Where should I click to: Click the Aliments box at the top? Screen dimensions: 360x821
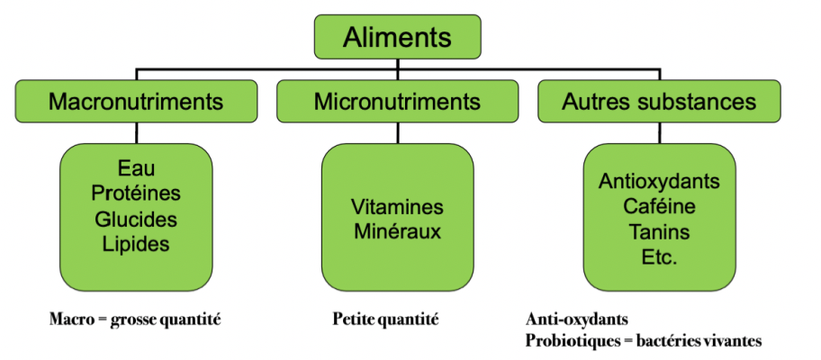click(x=398, y=39)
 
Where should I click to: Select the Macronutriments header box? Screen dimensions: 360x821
click(x=136, y=101)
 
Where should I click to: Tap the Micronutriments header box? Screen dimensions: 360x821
click(x=397, y=101)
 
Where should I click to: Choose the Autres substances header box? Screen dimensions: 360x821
click(x=659, y=101)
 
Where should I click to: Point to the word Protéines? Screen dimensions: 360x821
click(x=136, y=193)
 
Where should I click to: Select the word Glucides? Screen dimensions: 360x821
click(x=136, y=219)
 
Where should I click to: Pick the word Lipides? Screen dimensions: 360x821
click(x=136, y=243)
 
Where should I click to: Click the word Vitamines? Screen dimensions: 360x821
click(x=397, y=206)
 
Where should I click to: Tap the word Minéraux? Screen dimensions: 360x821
click(x=397, y=231)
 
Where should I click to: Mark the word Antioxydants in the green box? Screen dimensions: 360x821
click(x=659, y=181)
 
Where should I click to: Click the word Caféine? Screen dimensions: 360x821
click(x=659, y=206)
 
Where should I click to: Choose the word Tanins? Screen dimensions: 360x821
click(x=659, y=231)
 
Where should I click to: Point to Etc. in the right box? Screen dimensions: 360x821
click(x=659, y=256)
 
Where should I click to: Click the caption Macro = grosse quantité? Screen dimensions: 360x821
click(x=135, y=319)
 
